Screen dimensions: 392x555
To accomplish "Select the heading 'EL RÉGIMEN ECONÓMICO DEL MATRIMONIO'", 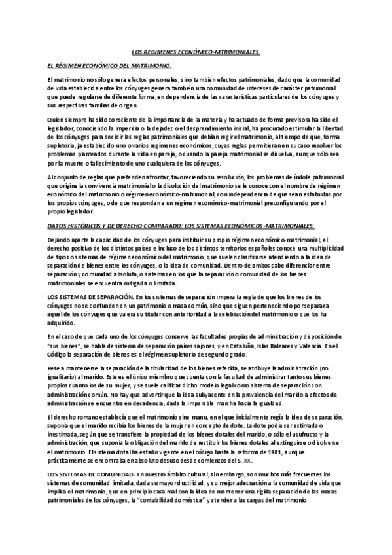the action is pyautogui.click(x=109, y=66).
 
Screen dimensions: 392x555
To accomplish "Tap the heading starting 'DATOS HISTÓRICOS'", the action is pyautogui.click(x=181, y=225).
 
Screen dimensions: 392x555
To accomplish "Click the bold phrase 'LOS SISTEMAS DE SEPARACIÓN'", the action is pyautogui.click(x=88, y=297).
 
